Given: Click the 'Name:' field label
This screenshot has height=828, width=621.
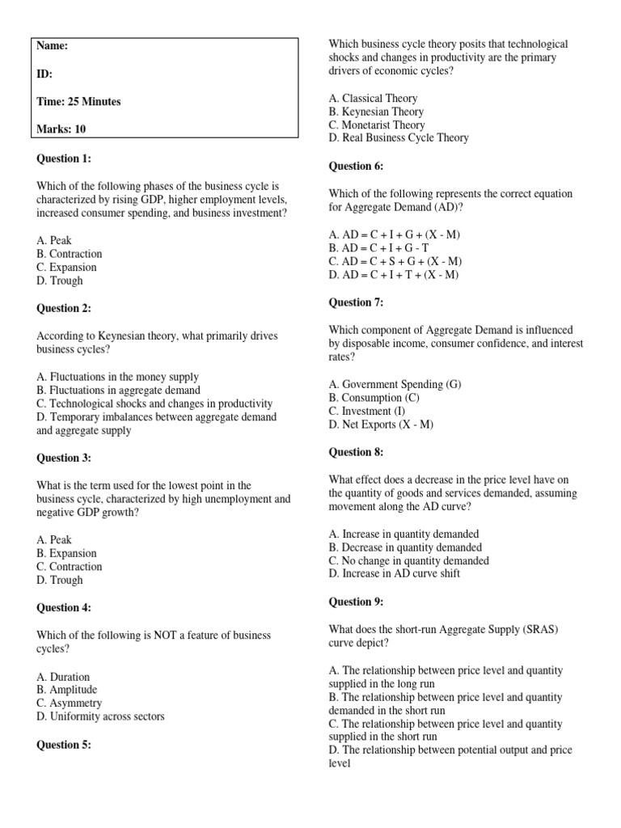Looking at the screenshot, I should coord(53,46).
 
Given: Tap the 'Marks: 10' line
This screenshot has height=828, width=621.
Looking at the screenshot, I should coord(61,129).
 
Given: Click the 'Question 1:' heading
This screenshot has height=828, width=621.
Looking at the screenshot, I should coord(64,158).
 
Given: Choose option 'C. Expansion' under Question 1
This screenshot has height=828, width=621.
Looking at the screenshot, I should coord(66,267).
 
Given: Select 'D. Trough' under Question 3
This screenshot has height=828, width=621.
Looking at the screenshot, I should coord(60,580).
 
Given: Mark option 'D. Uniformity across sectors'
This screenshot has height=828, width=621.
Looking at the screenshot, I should coord(100,716).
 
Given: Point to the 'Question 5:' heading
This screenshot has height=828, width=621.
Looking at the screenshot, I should coord(64,746).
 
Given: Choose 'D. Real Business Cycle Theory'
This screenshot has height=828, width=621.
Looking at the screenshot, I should coord(399,138).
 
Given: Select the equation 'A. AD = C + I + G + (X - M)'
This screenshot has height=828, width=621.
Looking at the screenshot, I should coord(395,234).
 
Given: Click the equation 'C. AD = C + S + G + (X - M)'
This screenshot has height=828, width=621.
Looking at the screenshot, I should coord(395,261).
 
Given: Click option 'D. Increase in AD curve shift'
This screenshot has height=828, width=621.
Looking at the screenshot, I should coord(395,574).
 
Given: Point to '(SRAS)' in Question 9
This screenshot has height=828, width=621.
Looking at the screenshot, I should coord(526,629).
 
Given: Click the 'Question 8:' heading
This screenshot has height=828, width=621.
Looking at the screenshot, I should coord(356,452).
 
